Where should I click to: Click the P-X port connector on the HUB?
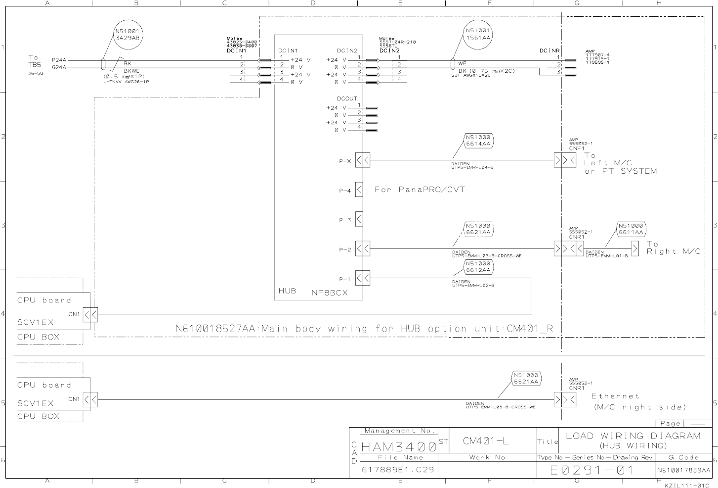point(363,160)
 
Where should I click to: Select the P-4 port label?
point(345,191)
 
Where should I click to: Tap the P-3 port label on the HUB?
point(345,220)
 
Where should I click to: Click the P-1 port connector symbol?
point(363,278)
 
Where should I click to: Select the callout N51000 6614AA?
point(479,141)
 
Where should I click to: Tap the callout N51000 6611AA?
point(631,229)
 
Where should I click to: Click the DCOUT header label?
point(347,98)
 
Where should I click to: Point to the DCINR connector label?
point(549,50)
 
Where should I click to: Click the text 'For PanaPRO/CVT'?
point(419,190)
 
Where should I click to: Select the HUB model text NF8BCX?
point(330,293)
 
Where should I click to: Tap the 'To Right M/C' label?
point(673,248)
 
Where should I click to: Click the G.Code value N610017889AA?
point(683,470)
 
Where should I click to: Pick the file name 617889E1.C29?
point(398,470)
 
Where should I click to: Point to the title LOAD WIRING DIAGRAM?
point(633,436)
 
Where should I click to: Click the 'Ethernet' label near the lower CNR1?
point(615,396)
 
